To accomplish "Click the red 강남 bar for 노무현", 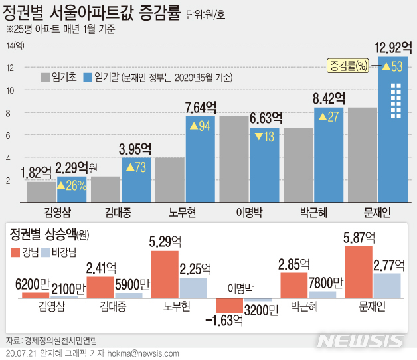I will pos(165,274).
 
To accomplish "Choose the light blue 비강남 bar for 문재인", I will pos(388,285).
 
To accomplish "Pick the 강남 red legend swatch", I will pos(15,252).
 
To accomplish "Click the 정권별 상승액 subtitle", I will pos(42,234).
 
